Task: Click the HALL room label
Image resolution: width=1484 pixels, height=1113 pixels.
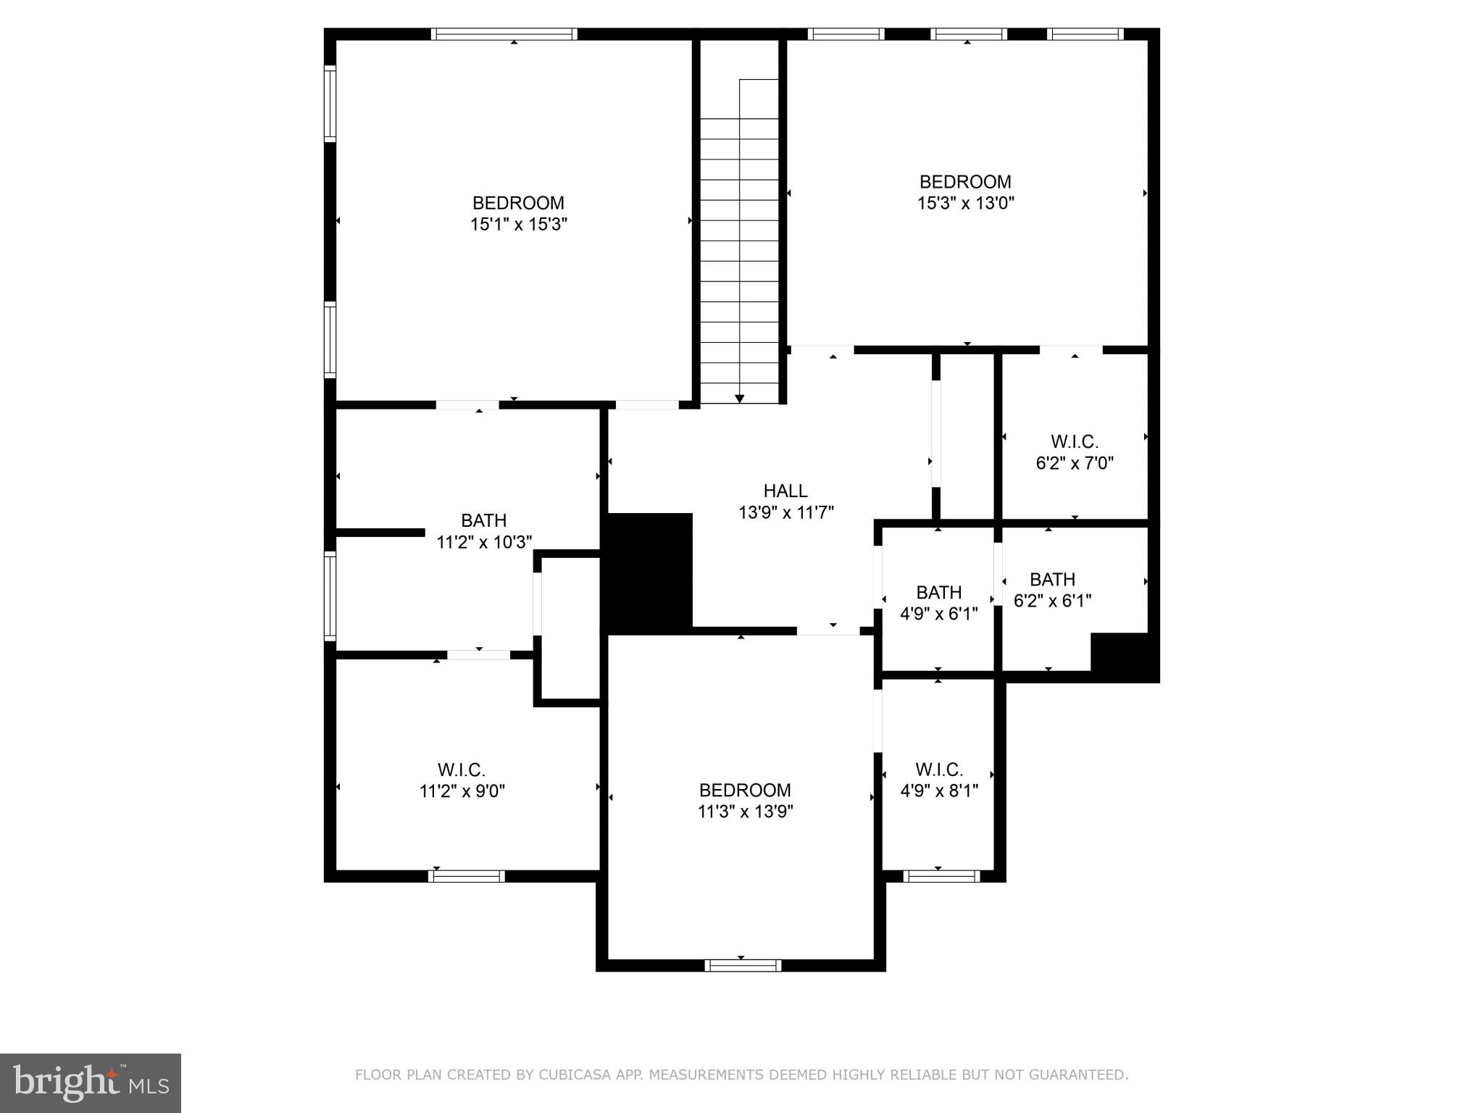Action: tap(785, 491)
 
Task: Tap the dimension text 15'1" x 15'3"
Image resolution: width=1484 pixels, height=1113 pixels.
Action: tap(518, 225)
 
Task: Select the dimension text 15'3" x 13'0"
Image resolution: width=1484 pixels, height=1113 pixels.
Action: tap(965, 204)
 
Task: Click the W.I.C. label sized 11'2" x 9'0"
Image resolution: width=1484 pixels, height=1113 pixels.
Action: tap(462, 770)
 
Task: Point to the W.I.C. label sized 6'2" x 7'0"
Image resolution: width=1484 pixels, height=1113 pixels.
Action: tap(1075, 441)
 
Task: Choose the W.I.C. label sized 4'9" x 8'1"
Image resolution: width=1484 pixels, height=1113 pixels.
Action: tap(939, 770)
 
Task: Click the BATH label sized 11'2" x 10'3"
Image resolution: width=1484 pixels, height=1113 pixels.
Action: tap(483, 521)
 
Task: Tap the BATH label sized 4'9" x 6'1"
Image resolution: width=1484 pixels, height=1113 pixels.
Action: tap(938, 593)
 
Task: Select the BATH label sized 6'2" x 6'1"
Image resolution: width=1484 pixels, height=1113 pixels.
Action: tap(1052, 580)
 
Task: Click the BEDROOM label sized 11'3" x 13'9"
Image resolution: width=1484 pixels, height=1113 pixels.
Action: tap(744, 790)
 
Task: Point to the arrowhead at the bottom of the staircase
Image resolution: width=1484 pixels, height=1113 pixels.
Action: tap(739, 398)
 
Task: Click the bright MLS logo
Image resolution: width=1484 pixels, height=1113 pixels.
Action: tap(91, 1083)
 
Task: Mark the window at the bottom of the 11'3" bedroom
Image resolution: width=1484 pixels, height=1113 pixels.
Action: tap(743, 965)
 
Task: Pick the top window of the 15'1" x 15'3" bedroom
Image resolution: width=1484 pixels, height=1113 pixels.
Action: tap(504, 34)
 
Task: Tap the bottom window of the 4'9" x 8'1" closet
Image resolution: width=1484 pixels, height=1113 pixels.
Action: tap(941, 876)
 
